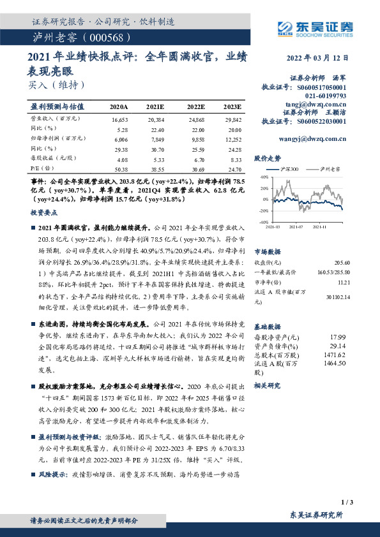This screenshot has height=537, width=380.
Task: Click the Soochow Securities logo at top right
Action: [315, 27]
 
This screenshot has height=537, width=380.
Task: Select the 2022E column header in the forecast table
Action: [195, 107]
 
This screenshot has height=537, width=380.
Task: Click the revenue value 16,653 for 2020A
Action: [120, 119]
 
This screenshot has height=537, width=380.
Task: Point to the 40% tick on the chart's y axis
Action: [264, 176]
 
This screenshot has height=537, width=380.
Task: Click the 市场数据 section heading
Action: [267, 252]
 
